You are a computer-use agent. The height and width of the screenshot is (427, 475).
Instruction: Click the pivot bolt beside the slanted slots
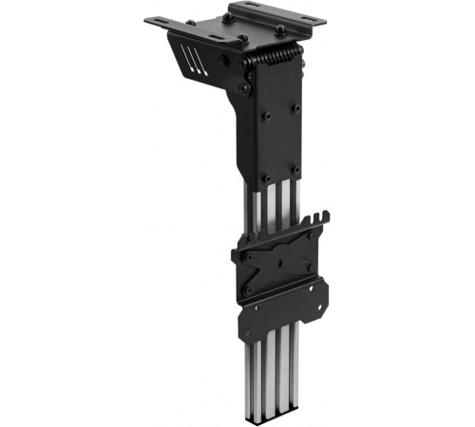point(226,59)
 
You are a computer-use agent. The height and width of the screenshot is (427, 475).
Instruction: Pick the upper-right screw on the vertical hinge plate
point(295,107)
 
